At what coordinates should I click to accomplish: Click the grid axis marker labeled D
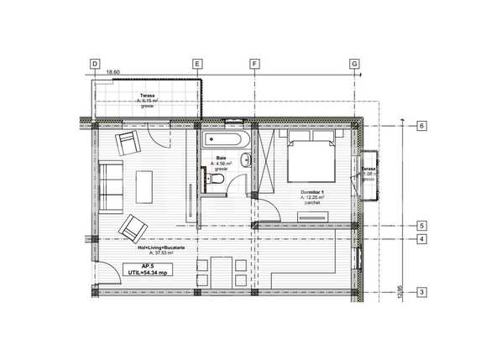click(x=94, y=64)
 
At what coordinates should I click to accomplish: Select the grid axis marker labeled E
click(x=197, y=64)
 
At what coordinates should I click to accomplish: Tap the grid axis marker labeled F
click(x=253, y=64)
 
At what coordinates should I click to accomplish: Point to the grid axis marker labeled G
click(x=354, y=64)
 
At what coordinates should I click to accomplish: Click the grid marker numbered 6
click(x=423, y=126)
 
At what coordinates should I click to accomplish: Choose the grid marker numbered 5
click(x=423, y=226)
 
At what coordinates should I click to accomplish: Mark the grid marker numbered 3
click(x=423, y=292)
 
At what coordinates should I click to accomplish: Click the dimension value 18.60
click(x=112, y=72)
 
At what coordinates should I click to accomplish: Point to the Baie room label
click(x=222, y=161)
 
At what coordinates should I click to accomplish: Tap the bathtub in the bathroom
click(x=222, y=138)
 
